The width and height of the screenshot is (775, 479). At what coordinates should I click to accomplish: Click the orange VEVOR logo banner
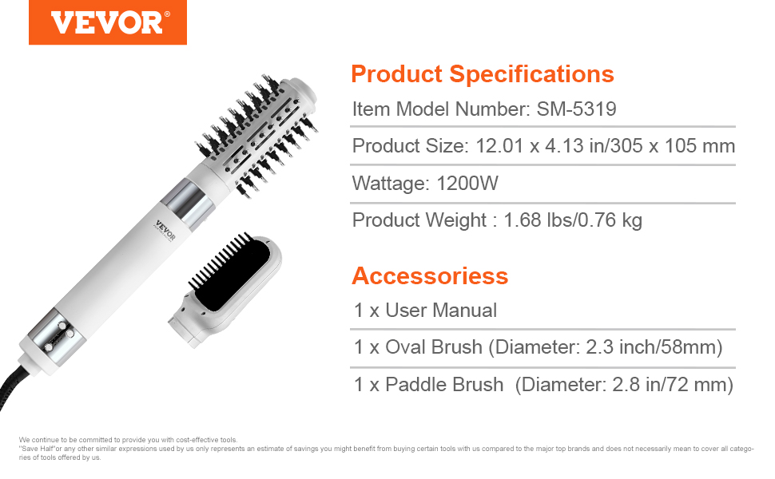[108, 22]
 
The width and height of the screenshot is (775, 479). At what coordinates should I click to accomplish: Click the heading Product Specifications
[483, 74]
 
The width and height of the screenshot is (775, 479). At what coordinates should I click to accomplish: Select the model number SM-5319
[576, 109]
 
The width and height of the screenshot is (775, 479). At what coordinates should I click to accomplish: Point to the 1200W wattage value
[467, 183]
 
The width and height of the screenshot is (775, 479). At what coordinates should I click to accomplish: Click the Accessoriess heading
[430, 276]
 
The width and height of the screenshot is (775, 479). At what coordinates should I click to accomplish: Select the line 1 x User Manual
[426, 311]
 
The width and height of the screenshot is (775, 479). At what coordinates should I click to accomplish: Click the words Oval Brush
[434, 347]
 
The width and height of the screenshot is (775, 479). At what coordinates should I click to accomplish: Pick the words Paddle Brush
[444, 385]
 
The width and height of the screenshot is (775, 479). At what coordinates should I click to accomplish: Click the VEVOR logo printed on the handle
[165, 230]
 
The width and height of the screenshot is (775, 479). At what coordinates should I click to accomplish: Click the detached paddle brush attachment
[225, 289]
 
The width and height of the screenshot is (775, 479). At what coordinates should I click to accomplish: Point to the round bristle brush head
[257, 133]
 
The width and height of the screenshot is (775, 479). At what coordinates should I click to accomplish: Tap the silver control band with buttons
[57, 335]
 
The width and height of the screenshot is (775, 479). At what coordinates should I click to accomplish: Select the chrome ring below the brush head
[189, 203]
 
